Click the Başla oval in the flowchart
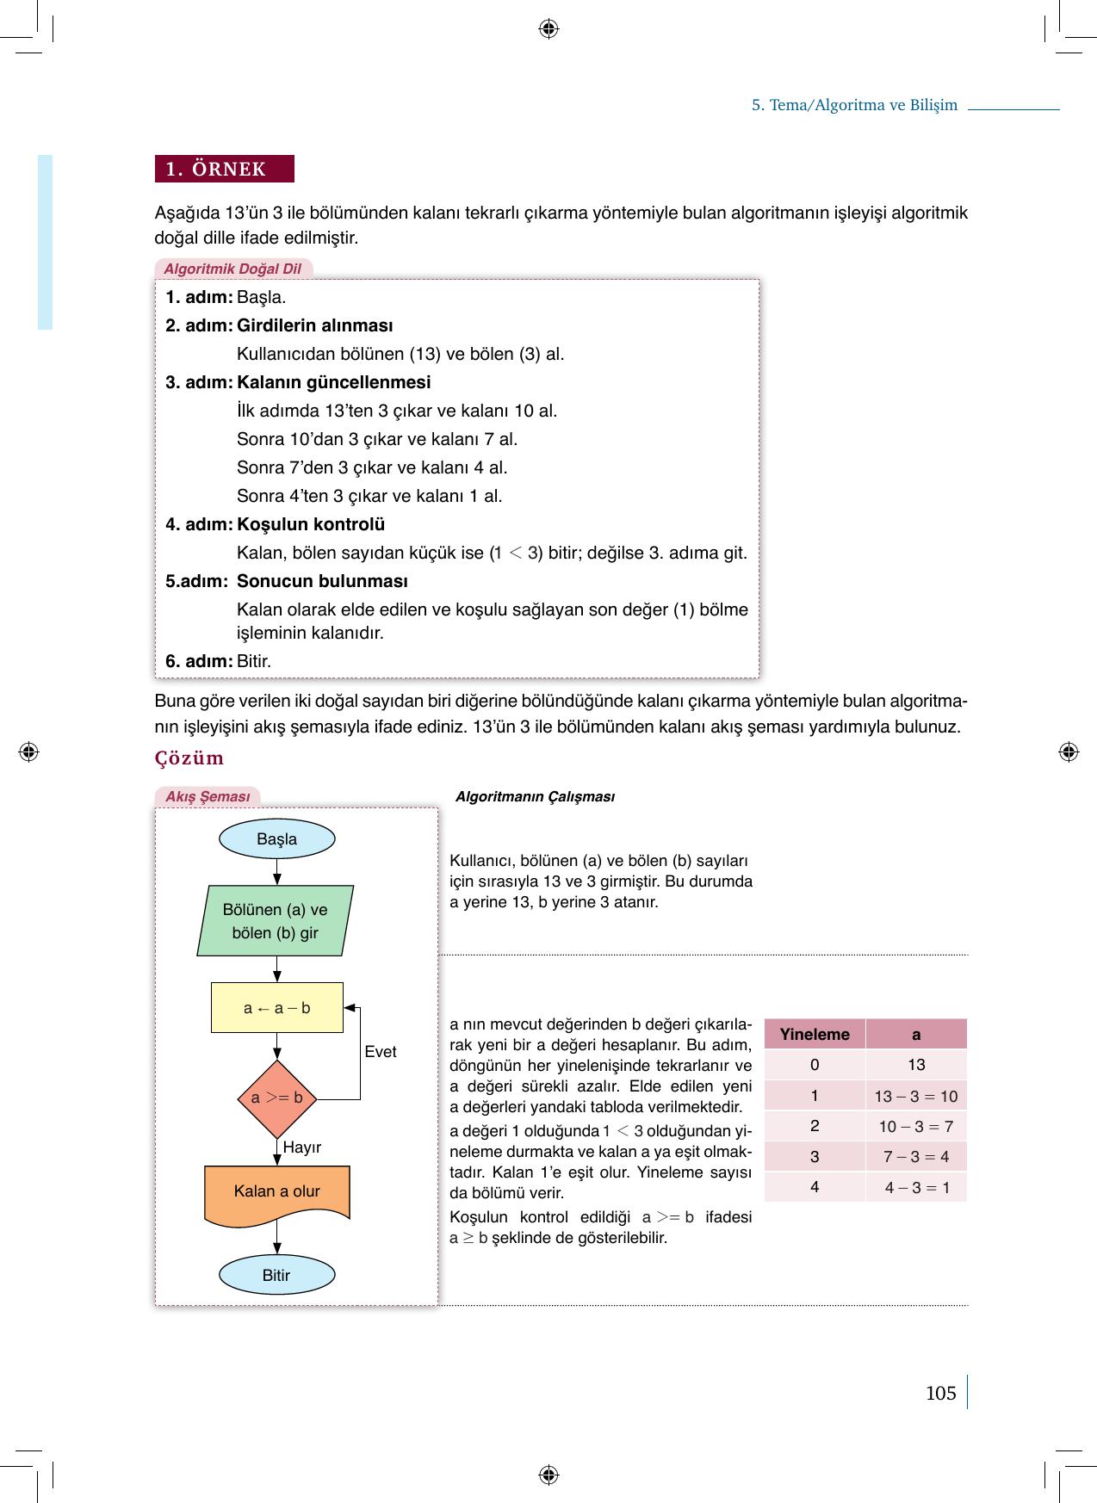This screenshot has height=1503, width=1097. pyautogui.click(x=276, y=839)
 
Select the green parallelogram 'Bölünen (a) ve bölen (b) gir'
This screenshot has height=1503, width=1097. pyautogui.click(x=276, y=920)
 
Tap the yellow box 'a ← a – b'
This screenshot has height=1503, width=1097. pyautogui.click(x=276, y=1007)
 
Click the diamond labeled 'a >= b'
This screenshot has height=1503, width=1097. pyautogui.click(x=276, y=1098)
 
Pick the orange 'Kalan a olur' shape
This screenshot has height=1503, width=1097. pyautogui.click(x=276, y=1191)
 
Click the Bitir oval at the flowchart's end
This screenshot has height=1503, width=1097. pyautogui.click(x=276, y=1275)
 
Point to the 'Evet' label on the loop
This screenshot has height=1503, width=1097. pyautogui.click(x=380, y=1052)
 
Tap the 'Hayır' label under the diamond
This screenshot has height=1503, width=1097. pyautogui.click(x=301, y=1147)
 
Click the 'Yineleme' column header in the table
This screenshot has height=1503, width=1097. pyautogui.click(x=815, y=1034)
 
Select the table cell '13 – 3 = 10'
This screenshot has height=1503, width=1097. pyautogui.click(x=915, y=1096)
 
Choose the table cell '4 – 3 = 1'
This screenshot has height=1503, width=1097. pyautogui.click(x=916, y=1187)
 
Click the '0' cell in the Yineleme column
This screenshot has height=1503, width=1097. pyautogui.click(x=815, y=1065)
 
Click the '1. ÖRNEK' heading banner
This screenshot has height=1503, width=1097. pyautogui.click(x=225, y=169)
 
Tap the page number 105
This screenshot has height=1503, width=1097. pyautogui.click(x=940, y=1393)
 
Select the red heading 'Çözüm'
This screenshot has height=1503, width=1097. pyautogui.click(x=189, y=758)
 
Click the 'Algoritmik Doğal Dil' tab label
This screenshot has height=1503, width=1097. pyautogui.click(x=232, y=269)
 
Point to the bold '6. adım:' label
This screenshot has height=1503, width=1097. pyautogui.click(x=199, y=661)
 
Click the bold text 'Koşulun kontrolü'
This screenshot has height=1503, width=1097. pyautogui.click(x=311, y=524)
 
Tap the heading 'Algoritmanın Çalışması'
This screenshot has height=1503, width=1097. pyautogui.click(x=535, y=797)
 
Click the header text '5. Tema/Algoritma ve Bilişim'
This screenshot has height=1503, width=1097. pyautogui.click(x=854, y=105)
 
